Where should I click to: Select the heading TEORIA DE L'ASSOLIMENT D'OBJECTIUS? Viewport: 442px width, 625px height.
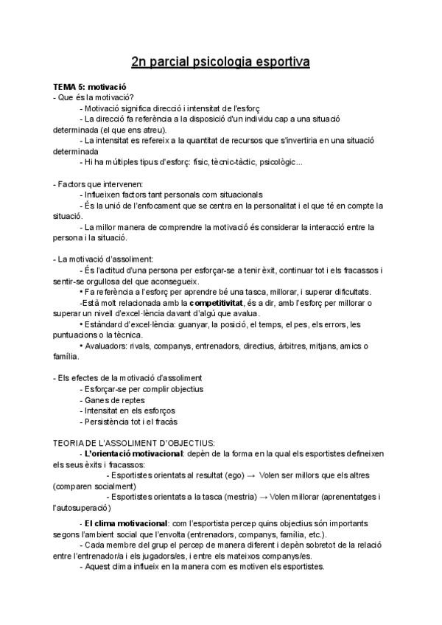tap(134, 443)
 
